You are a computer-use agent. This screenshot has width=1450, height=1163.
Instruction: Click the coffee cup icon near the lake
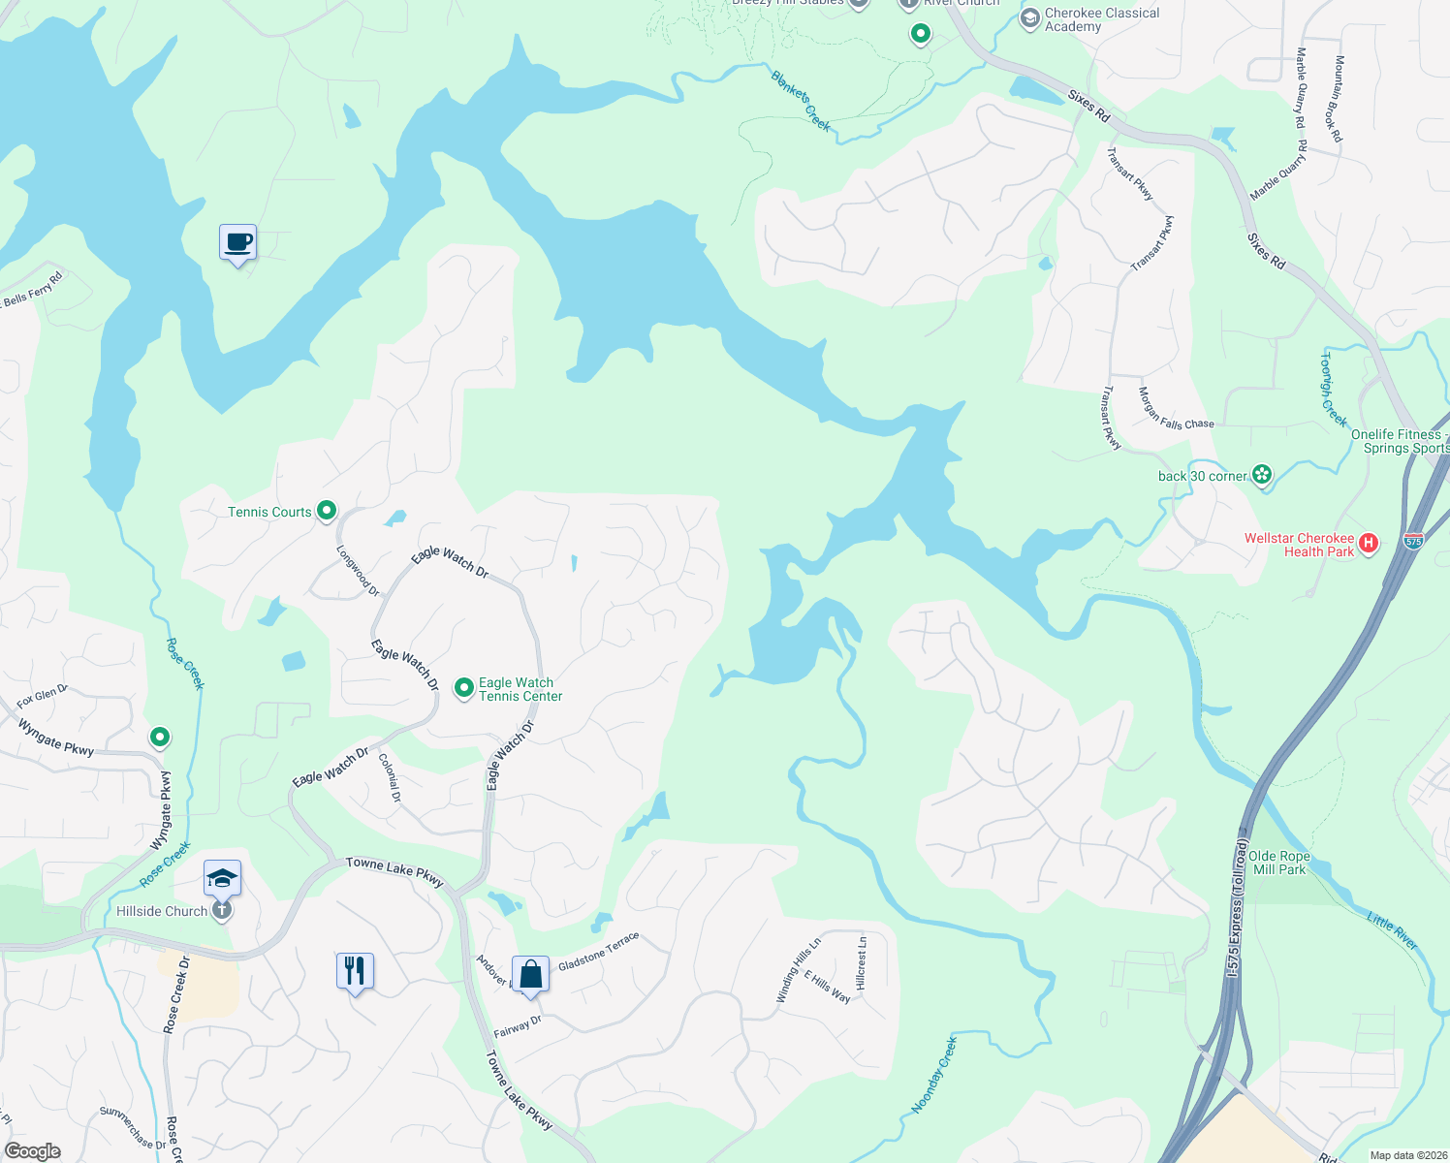tap(237, 242)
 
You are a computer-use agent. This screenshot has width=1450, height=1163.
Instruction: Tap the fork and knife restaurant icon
tap(355, 970)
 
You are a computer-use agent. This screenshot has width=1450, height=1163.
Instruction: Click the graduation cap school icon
tap(222, 878)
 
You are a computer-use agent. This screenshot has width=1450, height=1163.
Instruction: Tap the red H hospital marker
tap(1369, 544)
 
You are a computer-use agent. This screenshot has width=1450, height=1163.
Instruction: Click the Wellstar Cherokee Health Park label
tap(1299, 545)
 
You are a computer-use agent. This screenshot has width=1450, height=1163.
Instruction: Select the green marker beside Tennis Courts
tap(327, 510)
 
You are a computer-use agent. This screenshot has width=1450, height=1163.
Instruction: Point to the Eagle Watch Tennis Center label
tap(520, 689)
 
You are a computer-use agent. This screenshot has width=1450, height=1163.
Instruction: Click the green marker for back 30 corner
tap(1262, 475)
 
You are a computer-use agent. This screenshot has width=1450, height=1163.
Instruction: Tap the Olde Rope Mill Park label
tap(1279, 863)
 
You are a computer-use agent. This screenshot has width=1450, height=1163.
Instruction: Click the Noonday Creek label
tap(934, 1075)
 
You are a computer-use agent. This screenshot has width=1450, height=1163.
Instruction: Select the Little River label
tap(1393, 930)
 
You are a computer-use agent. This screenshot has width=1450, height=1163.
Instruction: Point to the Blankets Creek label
tap(801, 100)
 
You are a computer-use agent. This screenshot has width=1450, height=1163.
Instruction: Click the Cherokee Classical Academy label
tap(1101, 19)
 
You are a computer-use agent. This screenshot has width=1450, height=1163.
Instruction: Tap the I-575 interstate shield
tap(1413, 541)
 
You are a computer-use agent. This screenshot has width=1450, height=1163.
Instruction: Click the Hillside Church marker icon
tap(222, 911)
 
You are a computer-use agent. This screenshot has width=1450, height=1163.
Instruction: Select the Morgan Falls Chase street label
tap(1175, 410)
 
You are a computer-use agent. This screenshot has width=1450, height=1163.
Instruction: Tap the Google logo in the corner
tap(32, 1150)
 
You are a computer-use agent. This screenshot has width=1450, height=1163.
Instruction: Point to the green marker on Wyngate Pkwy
tap(160, 738)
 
